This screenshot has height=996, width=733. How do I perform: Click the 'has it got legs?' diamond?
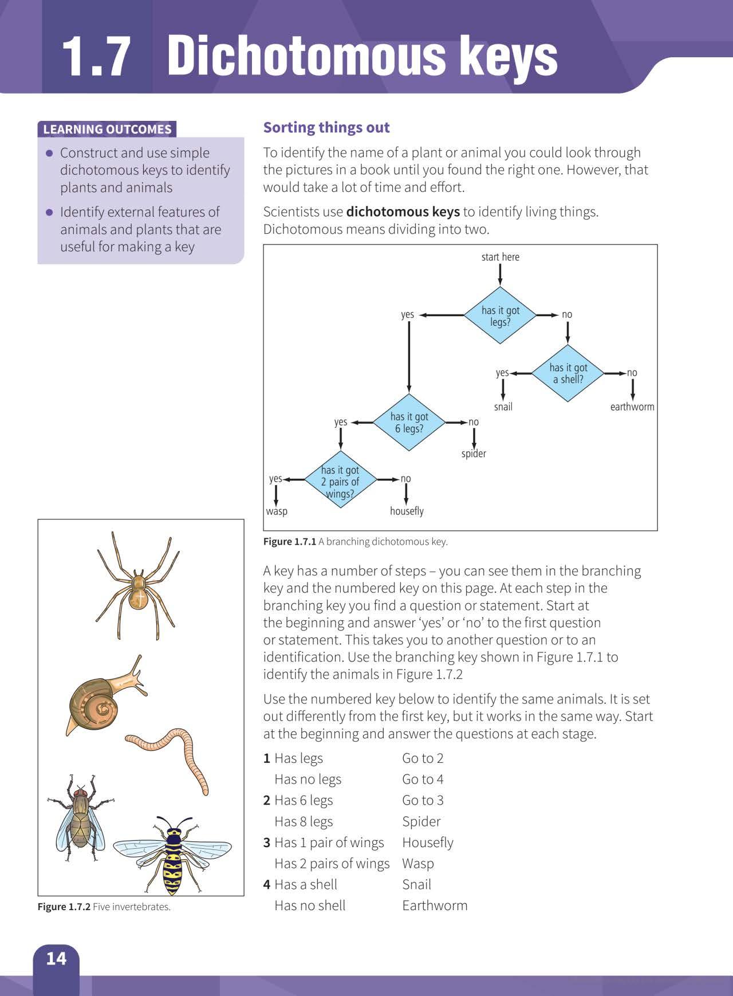point(500,316)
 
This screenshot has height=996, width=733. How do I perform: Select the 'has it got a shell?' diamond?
point(568,373)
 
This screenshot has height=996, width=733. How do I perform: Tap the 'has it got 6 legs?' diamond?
point(409,423)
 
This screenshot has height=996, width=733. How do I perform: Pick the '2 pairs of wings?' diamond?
point(340,482)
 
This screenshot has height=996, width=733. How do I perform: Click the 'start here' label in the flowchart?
point(500,257)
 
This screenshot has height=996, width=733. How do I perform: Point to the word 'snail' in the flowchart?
point(503,407)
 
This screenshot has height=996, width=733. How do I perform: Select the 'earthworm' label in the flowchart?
point(632,407)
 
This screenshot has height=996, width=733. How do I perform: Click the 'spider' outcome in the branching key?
point(474,454)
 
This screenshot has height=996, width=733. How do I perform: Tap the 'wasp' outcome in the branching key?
point(277,511)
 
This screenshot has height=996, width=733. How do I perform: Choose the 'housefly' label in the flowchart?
point(407,511)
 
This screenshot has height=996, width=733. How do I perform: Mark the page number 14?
point(56,959)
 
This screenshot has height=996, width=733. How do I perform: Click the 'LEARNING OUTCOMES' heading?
point(107,129)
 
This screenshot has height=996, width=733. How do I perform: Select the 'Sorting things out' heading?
point(326,127)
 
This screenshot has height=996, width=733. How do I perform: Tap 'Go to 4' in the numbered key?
point(423,780)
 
